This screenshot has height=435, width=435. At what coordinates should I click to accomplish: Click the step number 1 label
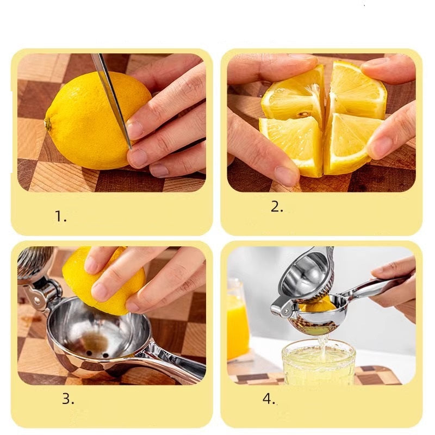click(60, 216)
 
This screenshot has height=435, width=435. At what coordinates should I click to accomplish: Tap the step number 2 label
click(277, 207)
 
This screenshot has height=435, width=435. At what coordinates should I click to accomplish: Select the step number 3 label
click(68, 399)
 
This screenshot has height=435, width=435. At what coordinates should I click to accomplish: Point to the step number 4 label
click(269, 399)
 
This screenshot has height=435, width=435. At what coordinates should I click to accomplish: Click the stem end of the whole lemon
click(48, 123)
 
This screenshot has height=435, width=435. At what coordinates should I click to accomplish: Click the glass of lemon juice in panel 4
click(318, 362)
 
